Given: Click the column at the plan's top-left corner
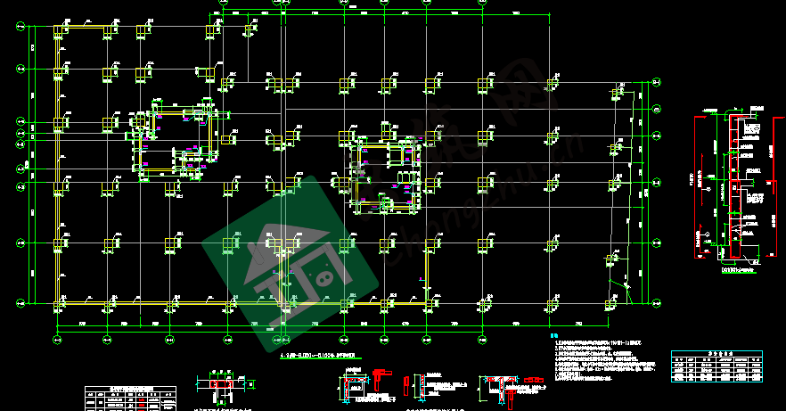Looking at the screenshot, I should click(61, 32).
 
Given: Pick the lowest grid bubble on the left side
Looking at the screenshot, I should click(20, 305).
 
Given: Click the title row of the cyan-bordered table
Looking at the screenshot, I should click(717, 354).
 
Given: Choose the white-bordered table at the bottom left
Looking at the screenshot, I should click(130, 398).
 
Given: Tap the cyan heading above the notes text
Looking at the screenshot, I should click(553, 335).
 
